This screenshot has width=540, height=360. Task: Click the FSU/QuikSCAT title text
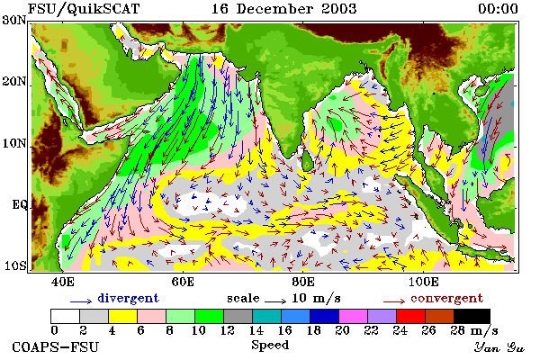[84, 9]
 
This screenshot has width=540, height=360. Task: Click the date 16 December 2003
[283, 9]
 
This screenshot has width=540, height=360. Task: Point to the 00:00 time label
[498, 9]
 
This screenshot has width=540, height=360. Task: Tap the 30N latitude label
[14, 20]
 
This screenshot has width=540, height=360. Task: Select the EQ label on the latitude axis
[19, 205]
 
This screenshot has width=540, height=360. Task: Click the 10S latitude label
[14, 266]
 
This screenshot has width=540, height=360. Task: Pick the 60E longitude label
[183, 282]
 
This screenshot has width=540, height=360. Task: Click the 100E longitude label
[423, 282]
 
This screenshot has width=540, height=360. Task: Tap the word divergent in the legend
[128, 298]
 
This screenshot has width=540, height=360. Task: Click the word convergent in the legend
[446, 298]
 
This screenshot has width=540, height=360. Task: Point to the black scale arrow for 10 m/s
[275, 301]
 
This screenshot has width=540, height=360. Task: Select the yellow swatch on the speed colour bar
[122, 316]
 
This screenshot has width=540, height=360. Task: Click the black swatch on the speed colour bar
[472, 316]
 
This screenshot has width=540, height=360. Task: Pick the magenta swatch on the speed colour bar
[354, 316]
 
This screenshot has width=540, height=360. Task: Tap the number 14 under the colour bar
[256, 330]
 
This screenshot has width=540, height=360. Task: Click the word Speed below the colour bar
[270, 346]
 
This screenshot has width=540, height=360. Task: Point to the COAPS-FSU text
[55, 346]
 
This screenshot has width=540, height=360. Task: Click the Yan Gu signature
[499, 347]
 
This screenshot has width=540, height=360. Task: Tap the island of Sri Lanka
[307, 160]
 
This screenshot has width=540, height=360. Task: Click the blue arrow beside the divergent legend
[81, 301]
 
